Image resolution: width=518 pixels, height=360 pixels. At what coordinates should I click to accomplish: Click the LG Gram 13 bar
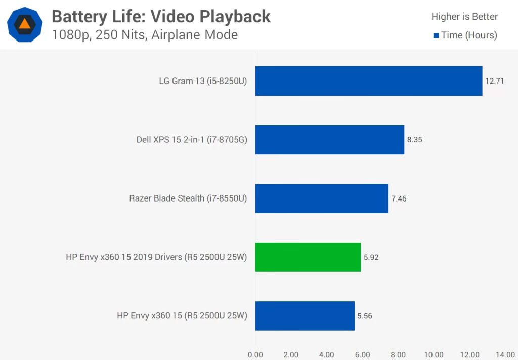point(368,81)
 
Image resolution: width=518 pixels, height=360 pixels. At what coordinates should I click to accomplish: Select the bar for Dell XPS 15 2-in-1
point(329,140)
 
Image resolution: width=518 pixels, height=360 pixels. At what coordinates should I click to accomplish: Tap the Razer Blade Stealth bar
point(322,198)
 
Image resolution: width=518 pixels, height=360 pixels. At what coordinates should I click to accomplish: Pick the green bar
point(308,257)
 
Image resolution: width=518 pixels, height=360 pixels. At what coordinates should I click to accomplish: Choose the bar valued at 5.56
point(305,315)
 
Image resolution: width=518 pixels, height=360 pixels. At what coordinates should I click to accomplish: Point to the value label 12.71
point(495,81)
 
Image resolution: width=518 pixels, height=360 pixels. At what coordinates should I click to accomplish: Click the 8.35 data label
point(414,140)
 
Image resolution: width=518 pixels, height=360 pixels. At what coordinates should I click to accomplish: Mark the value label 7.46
point(399,198)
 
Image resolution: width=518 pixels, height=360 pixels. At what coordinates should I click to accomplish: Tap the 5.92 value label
point(371,257)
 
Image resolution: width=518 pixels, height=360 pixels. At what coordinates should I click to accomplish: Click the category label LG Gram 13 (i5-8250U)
point(203,81)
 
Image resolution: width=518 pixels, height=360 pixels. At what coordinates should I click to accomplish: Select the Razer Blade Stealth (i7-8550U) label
point(188,198)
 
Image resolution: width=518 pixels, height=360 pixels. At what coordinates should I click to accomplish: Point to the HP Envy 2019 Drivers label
point(156,257)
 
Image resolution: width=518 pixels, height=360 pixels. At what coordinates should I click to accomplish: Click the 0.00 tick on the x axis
point(255,354)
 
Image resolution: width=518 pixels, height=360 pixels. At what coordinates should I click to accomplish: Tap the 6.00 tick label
point(362,354)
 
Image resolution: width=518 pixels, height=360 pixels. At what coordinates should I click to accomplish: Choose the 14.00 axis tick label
point(505,354)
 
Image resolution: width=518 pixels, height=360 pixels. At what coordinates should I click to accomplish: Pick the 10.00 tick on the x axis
point(434,354)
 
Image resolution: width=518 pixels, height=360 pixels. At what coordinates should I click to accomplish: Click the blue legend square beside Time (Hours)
point(436,35)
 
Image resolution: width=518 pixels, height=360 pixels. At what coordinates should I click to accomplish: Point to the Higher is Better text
point(464,17)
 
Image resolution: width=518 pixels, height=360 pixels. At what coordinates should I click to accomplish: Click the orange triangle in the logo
point(24,23)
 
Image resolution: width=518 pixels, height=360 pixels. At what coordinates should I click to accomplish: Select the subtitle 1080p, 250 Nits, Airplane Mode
point(145,35)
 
